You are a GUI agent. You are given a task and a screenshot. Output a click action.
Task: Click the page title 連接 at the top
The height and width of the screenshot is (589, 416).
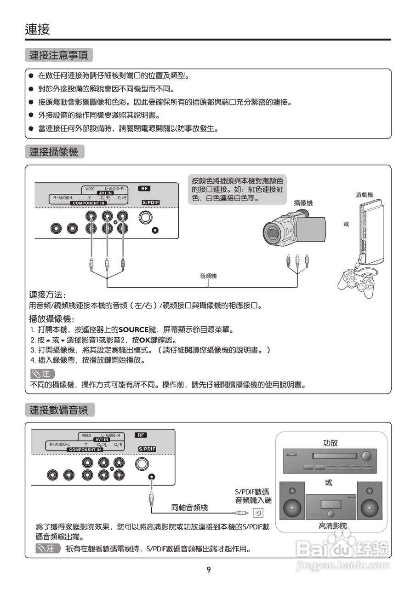pos(37,30)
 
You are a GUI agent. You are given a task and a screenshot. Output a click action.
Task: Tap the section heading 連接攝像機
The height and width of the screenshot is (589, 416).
pos(54,152)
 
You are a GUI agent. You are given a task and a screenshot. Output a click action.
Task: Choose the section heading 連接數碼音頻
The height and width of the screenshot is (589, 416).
pos(59,410)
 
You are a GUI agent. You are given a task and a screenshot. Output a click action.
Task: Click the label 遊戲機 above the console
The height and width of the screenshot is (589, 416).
pos(364,195)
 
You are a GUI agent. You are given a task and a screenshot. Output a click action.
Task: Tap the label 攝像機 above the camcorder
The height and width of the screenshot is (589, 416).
pos(303,202)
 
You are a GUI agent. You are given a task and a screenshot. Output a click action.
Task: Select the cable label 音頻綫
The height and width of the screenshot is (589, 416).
pos(208,276)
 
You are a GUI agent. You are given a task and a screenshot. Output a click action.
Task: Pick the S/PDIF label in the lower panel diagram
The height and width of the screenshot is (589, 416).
pos(147,449)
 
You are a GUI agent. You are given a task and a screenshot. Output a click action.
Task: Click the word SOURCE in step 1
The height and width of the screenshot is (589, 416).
pos(133,330)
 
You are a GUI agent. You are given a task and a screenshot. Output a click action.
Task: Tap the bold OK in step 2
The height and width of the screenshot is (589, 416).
pos(145,340)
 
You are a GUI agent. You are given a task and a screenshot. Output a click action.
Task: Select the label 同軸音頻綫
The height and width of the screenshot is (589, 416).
pos(189,508)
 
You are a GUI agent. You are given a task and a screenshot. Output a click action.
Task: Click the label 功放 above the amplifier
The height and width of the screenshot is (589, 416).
pos(331,443)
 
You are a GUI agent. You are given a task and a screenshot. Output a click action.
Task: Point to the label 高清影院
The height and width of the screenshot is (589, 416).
pos(333,525)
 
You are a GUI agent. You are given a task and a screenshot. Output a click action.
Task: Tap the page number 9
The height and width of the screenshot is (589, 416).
pos(208,570)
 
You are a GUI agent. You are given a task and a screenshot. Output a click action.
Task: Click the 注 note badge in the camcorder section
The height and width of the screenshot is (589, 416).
pos(42,374)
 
